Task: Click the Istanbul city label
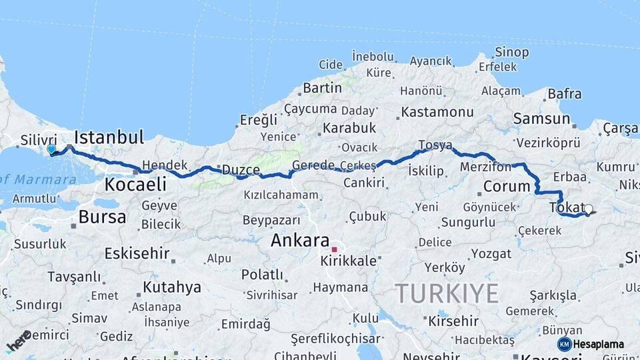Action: tap(109, 138)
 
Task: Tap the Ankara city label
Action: tap(300, 241)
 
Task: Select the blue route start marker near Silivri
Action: tap(51, 149)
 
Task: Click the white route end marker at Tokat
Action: tap(588, 209)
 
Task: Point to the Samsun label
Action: tap(541, 119)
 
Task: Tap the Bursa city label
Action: tap(102, 217)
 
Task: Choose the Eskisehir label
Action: tap(135, 253)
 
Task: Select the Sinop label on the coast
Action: tap(511, 52)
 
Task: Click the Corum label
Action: tap(506, 187)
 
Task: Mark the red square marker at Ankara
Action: tap(335, 249)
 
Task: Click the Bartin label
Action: tap(322, 88)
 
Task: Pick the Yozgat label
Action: tap(491, 253)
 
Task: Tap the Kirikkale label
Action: tap(349, 261)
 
